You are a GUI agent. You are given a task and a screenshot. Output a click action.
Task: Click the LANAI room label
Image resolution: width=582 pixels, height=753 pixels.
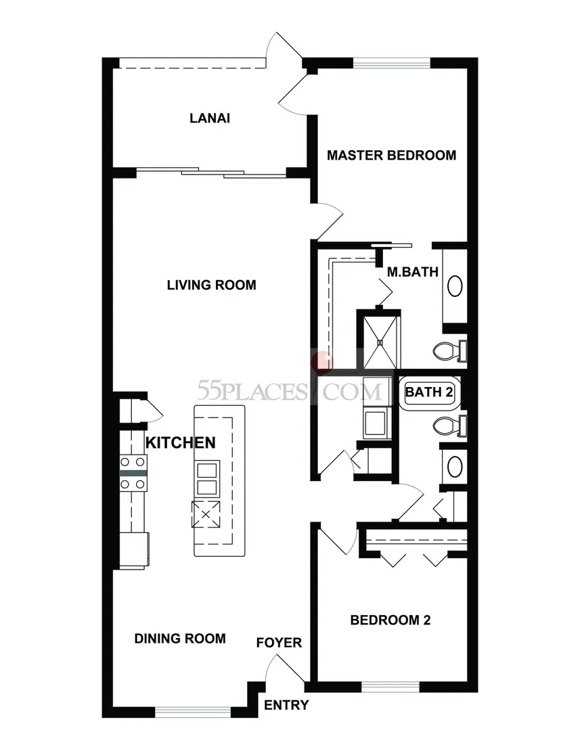[x=209, y=118]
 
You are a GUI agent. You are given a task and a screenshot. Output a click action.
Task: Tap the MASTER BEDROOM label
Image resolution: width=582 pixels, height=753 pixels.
[x=391, y=155]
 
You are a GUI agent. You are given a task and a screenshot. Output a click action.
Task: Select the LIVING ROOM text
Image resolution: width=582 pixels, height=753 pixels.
[x=211, y=285]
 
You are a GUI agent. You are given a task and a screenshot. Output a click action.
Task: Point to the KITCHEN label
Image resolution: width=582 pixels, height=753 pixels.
[x=180, y=442]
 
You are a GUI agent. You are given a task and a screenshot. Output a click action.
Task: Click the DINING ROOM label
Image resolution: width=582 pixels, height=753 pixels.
[x=180, y=638]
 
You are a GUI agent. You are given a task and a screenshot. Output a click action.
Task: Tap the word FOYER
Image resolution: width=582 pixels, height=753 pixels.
[x=279, y=643]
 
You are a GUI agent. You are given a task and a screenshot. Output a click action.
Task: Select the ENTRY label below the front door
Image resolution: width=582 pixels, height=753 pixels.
[x=286, y=705]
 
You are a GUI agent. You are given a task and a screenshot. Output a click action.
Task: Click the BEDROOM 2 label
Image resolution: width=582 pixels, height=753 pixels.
[x=390, y=620]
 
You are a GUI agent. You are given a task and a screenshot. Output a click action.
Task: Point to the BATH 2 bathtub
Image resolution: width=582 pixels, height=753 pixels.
[x=430, y=392]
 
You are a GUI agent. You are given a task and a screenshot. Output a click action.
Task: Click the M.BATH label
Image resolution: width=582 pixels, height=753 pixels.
[x=413, y=272]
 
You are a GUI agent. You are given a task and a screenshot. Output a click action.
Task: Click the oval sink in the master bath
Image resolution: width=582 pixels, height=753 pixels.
[x=455, y=286]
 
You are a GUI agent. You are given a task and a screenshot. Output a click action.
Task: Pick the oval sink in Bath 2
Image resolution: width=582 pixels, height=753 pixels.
[x=455, y=466]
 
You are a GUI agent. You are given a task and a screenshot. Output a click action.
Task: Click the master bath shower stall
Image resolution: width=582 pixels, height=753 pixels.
[x=380, y=342]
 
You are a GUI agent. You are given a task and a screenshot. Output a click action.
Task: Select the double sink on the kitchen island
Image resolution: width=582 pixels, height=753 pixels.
[x=207, y=478]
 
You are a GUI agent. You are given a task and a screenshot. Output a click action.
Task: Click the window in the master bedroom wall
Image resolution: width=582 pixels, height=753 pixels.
[x=392, y=63]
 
